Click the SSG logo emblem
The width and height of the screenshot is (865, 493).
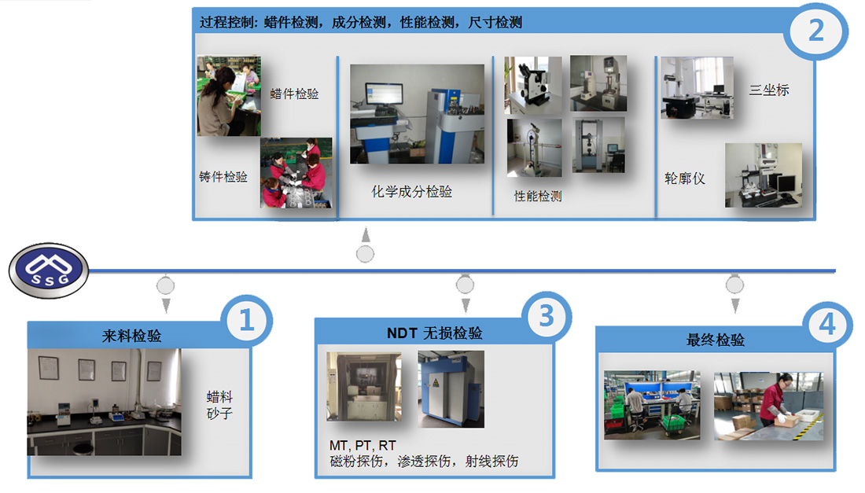pos(49,270)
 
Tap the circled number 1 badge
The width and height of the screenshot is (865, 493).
pos(247,320)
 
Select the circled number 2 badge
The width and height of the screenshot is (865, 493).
pos(816,31)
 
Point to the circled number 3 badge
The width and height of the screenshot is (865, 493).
pos(547,317)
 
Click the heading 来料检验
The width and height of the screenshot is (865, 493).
pos(131,336)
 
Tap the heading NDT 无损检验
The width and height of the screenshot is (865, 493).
pos(435,333)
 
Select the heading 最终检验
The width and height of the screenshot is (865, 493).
pos(716,340)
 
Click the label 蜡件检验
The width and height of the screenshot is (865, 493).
pos(295,94)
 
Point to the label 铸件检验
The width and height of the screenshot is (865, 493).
pos(223,176)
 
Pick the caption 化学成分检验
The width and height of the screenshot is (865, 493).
pos(411,191)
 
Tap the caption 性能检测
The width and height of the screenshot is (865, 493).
pos(538,197)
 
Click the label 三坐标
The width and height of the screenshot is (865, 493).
pos(769,90)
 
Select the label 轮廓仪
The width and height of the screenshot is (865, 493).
pos(685,178)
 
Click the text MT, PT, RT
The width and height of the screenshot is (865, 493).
pos(363,445)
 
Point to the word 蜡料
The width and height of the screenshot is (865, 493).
pos(219,397)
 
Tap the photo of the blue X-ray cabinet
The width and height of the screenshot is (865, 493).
pos(451,388)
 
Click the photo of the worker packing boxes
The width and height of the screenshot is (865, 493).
pos(768,406)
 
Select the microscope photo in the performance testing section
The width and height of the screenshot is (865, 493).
pos(533,85)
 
